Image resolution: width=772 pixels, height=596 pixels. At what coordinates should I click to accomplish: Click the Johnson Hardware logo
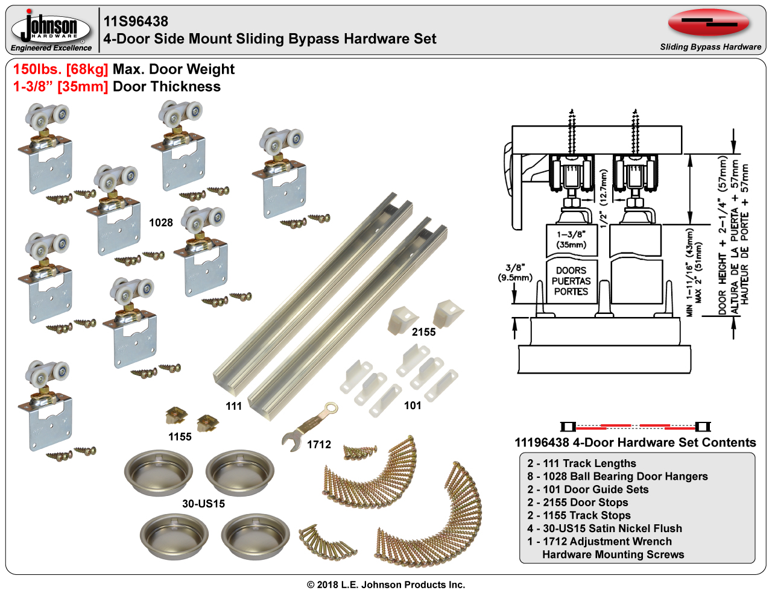click(x=51, y=27)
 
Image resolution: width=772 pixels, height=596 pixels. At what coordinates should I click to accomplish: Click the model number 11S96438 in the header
click(x=136, y=22)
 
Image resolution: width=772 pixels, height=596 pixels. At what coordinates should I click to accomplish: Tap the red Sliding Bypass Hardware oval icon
click(x=709, y=23)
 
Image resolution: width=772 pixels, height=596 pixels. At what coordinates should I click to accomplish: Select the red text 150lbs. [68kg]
click(x=60, y=69)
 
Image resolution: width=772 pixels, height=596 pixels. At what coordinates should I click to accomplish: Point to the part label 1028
click(x=161, y=223)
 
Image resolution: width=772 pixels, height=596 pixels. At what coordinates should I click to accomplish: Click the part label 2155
click(x=423, y=332)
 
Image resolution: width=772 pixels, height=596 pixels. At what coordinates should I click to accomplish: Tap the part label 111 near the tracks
click(x=233, y=406)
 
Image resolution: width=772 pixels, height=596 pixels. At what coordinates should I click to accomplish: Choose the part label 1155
click(x=180, y=437)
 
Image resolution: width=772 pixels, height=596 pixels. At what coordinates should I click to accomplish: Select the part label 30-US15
click(x=203, y=504)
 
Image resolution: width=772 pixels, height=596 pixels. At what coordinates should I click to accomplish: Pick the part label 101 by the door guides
click(x=413, y=406)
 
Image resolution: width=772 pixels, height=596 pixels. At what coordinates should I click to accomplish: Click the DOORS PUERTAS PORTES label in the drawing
click(x=571, y=281)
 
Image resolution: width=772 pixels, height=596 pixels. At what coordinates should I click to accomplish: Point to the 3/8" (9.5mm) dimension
click(x=515, y=272)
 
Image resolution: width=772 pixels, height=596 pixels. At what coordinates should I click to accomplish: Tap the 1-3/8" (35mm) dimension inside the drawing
click(x=571, y=240)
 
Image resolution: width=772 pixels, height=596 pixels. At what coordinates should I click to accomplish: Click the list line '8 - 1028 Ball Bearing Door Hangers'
click(x=617, y=477)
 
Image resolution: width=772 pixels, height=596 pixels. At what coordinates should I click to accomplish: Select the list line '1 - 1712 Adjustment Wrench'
click(x=599, y=542)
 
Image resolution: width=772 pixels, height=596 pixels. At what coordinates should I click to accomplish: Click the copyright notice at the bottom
click(x=386, y=585)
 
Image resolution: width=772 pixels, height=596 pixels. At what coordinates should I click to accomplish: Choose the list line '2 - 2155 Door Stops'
click(x=577, y=503)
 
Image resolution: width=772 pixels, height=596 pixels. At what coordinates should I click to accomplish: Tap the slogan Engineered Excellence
click(x=51, y=48)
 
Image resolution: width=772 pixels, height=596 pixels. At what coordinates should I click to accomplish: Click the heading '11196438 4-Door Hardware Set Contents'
click(x=635, y=442)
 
